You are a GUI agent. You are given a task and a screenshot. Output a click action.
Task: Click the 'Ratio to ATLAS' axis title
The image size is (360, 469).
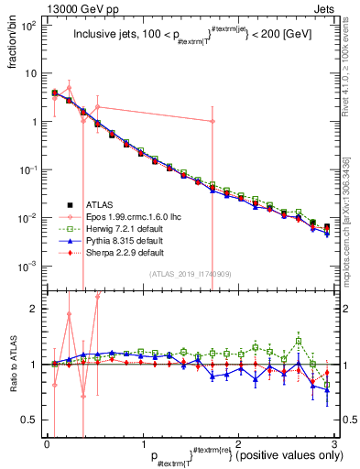(x=11, y=365)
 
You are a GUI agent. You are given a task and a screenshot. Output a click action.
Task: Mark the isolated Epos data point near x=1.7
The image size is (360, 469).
(x=213, y=121)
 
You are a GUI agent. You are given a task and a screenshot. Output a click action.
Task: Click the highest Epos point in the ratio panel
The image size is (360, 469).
(x=98, y=296)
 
